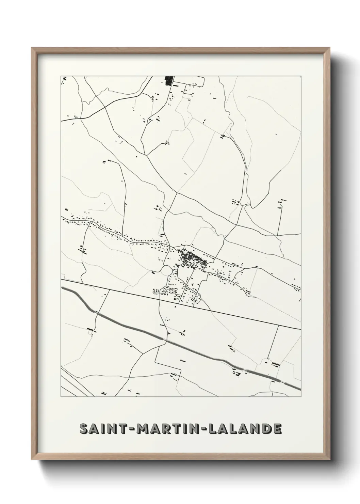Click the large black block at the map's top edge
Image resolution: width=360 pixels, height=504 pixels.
(x=168, y=81)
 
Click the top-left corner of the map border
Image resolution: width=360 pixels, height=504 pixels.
(x=61, y=76)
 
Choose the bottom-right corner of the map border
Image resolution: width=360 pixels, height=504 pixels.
(x=301, y=397)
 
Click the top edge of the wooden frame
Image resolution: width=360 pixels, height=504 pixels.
(x=180, y=49)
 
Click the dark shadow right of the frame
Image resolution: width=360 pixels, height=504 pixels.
(x=339, y=252)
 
